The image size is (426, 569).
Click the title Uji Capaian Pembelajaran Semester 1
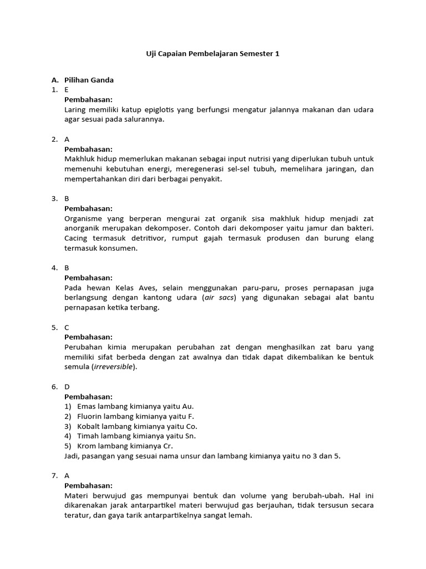point(212,54)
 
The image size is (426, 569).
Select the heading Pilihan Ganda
point(89,80)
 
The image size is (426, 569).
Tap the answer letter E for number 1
point(67,89)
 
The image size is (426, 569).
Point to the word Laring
point(76,109)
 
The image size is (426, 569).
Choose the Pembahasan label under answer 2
point(88,149)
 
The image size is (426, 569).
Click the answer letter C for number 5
point(67,327)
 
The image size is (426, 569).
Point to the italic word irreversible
point(113,367)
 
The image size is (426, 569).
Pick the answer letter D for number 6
point(67,387)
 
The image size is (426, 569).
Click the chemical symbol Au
point(188,406)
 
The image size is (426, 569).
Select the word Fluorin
point(90,416)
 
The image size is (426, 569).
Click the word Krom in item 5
point(87,446)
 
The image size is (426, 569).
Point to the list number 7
point(54,476)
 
